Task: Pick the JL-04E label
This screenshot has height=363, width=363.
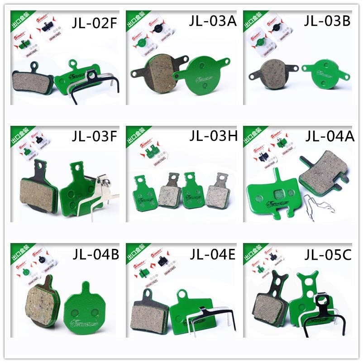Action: point(212,255)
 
